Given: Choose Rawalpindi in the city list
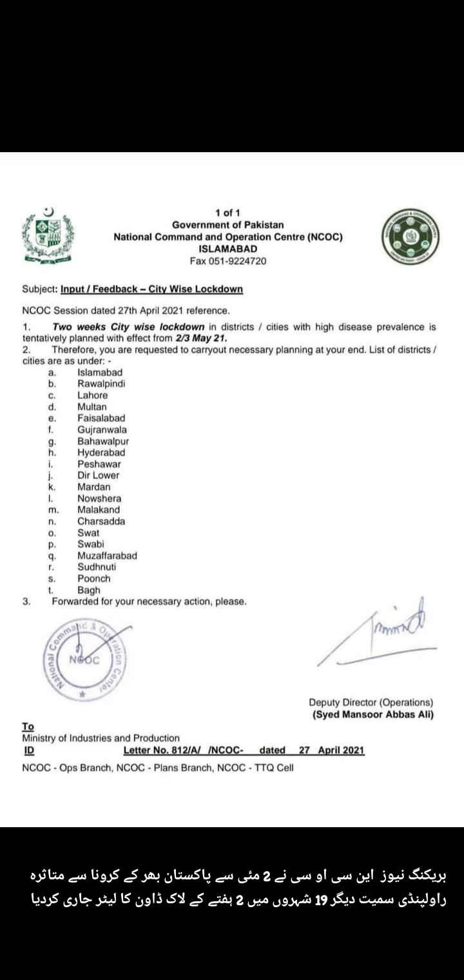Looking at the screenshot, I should (x=101, y=384).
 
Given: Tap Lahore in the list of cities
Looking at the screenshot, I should (x=93, y=395).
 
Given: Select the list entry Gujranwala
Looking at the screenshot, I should (x=102, y=429).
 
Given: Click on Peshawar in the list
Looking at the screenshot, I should (x=99, y=464).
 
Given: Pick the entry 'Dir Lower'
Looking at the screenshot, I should (x=99, y=475).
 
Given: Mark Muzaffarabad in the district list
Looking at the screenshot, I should (x=107, y=555).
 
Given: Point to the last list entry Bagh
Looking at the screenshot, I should (x=89, y=590).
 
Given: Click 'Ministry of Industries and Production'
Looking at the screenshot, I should (x=101, y=738).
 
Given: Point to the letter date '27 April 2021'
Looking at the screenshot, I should (x=332, y=750).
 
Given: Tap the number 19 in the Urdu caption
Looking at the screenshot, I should (x=320, y=899).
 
